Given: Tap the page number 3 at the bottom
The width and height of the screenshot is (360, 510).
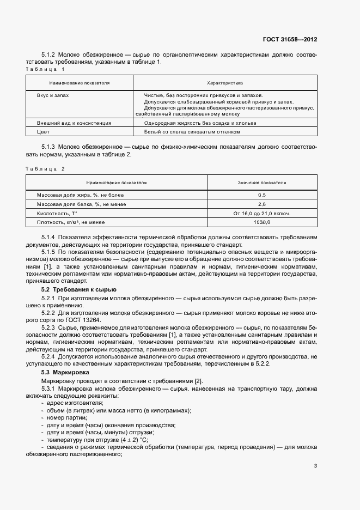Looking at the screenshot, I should point(316,465).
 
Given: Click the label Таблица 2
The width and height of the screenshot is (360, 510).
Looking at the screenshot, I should point(45,169).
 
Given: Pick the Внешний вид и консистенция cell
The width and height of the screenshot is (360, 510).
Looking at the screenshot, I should point(74,123).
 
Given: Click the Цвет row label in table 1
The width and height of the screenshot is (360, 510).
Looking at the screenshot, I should point(42,132).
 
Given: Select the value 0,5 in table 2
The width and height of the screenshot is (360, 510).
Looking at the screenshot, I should point(262,195).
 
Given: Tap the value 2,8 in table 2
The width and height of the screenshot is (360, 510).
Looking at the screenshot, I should point(262,204).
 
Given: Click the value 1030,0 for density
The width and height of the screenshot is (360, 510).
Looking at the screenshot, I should point(262,222).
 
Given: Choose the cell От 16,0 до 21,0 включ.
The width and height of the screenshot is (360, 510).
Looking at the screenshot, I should point(262,213).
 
